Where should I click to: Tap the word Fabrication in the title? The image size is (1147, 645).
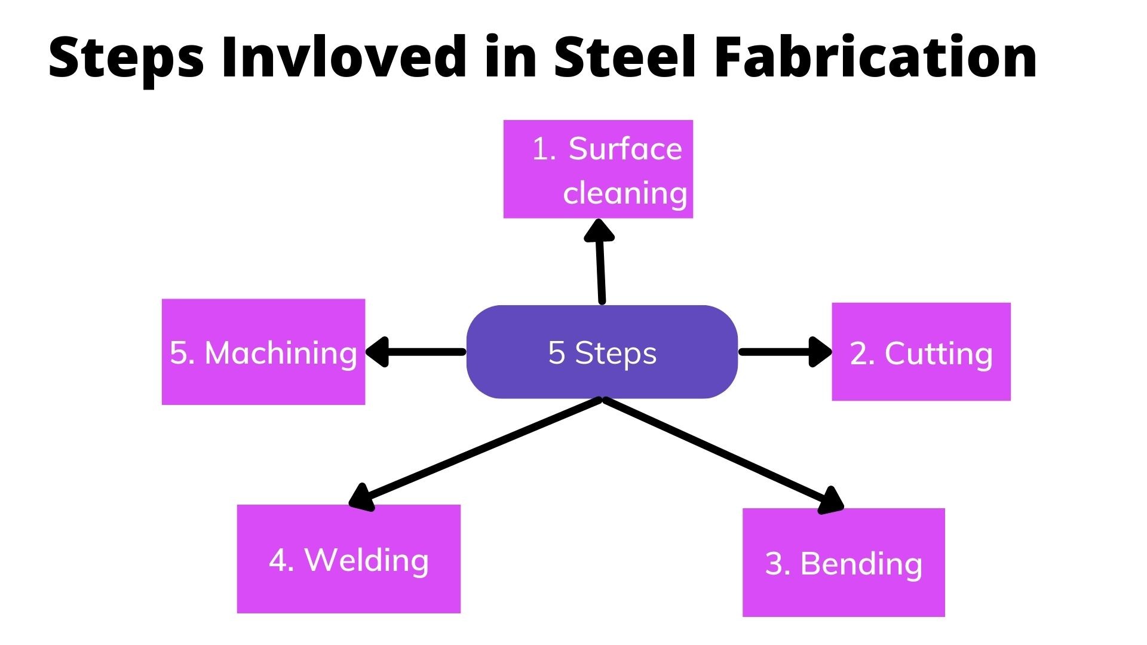(875, 57)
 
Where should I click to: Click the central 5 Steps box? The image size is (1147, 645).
(602, 352)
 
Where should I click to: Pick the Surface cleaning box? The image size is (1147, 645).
(598, 169)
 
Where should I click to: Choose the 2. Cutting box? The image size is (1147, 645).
(921, 352)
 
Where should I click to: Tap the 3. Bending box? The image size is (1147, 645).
(844, 563)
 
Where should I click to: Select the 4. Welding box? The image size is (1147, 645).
(349, 559)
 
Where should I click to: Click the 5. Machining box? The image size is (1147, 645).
(263, 352)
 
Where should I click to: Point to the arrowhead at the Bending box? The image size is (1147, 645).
(831, 500)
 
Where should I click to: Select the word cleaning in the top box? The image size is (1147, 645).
(625, 193)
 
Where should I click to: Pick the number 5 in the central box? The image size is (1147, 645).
(556, 352)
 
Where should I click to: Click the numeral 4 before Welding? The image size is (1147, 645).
(278, 560)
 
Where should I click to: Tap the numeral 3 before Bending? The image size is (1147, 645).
(774, 564)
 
